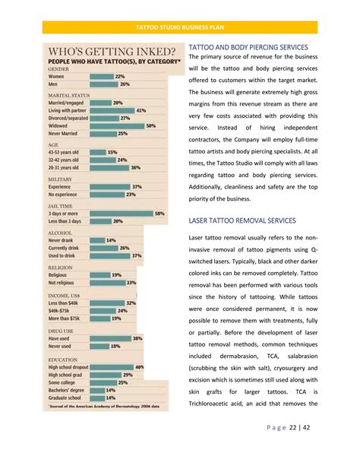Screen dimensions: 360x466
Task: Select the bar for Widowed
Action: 117,126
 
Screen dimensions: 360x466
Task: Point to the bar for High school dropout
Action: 112,367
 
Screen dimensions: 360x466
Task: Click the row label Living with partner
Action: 68,110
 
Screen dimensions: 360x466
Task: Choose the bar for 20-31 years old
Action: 109,167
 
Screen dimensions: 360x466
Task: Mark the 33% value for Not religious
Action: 131,282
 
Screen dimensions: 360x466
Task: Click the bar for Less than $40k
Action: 107,303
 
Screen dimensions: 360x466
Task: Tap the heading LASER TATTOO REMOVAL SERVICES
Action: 242,220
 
